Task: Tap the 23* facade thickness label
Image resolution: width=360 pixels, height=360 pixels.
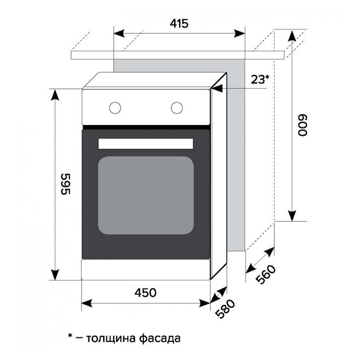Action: tap(260, 79)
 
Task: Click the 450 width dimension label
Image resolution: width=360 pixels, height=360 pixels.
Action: tap(146, 293)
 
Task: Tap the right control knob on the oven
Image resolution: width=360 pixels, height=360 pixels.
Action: tap(177, 108)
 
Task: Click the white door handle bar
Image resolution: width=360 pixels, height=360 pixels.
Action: tap(146, 144)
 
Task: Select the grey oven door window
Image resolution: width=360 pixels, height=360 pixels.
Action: tap(146, 195)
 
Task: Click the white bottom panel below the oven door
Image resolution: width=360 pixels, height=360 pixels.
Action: tap(146, 270)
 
